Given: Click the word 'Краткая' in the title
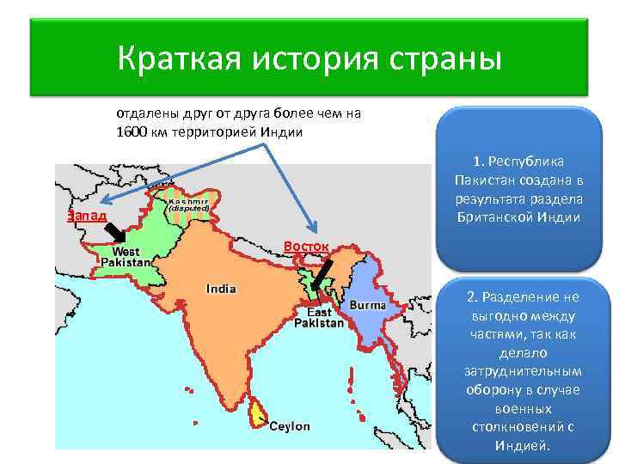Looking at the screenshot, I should click(x=178, y=59).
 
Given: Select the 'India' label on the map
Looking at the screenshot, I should click(x=221, y=289).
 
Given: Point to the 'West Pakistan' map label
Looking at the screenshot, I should click(x=126, y=256).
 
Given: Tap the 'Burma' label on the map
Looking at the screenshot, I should click(x=367, y=305).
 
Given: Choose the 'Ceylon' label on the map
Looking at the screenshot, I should click(x=290, y=426).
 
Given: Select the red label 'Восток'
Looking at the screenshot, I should click(x=306, y=247).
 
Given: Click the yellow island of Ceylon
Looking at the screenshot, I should click(x=254, y=414).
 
